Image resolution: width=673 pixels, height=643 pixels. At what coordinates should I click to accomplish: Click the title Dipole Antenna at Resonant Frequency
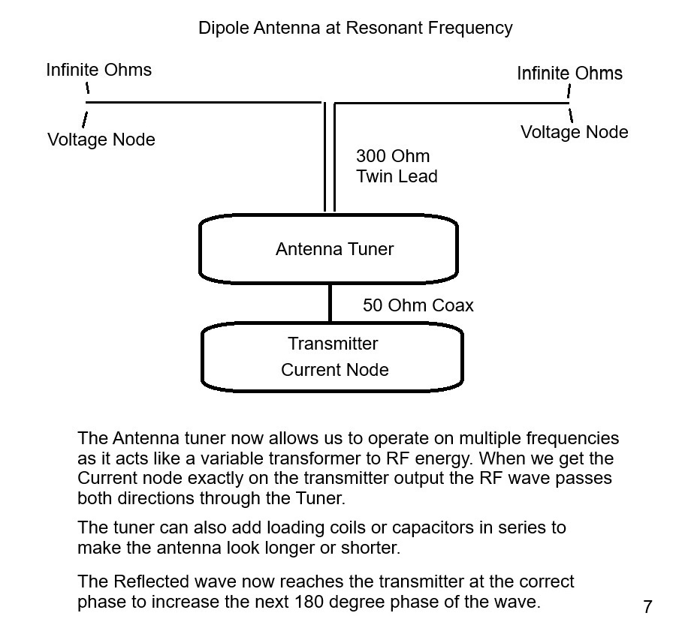(355, 29)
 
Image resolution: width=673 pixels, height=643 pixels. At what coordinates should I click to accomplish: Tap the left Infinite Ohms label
(98, 70)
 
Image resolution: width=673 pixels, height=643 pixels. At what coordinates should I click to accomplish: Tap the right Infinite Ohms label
(569, 74)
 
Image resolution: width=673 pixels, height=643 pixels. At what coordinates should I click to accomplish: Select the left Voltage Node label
(101, 140)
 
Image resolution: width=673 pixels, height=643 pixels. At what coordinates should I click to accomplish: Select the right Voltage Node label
(575, 132)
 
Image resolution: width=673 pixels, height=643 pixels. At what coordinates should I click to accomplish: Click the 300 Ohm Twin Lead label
(396, 167)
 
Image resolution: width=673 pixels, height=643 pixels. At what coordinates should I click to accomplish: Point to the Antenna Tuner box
(328, 249)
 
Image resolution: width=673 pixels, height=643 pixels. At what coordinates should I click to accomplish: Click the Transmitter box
(331, 356)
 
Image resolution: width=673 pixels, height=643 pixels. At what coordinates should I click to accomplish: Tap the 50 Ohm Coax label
(418, 305)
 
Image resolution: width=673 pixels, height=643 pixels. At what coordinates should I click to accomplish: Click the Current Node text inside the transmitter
(334, 370)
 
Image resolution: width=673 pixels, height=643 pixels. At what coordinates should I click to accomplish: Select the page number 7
(647, 607)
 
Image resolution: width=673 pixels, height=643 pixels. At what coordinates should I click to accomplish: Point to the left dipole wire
(203, 102)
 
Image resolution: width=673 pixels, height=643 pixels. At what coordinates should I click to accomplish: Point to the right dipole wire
(451, 102)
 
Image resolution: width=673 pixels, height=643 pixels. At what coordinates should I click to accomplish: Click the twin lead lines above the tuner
(330, 158)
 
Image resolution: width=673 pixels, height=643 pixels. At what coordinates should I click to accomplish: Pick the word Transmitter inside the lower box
(333, 344)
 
